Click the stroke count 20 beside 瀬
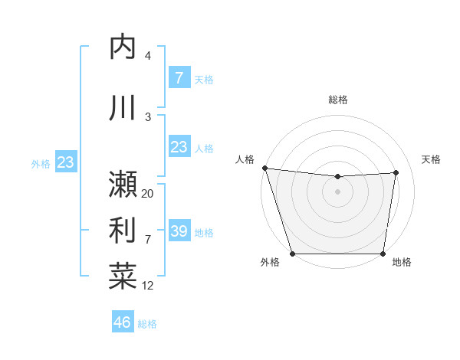pyautogui.click(x=148, y=194)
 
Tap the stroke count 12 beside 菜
pyautogui.click(x=148, y=286)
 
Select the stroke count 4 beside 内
pyautogui.click(x=148, y=56)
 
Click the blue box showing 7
pyautogui.click(x=179, y=77)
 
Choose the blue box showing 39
pyautogui.click(x=179, y=231)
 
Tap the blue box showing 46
pyautogui.click(x=123, y=322)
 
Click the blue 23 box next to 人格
pyautogui.click(x=179, y=146)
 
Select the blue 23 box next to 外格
pyautogui.click(x=65, y=162)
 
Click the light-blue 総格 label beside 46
pyautogui.click(x=147, y=324)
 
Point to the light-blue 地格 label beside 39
pyautogui.click(x=204, y=232)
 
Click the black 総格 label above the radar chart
pyautogui.click(x=338, y=100)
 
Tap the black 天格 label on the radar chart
pyautogui.click(x=431, y=159)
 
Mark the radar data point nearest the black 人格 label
pyautogui.click(x=264, y=168)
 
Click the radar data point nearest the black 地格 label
pyautogui.click(x=383, y=254)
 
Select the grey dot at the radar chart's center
pyautogui.click(x=337, y=191)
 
